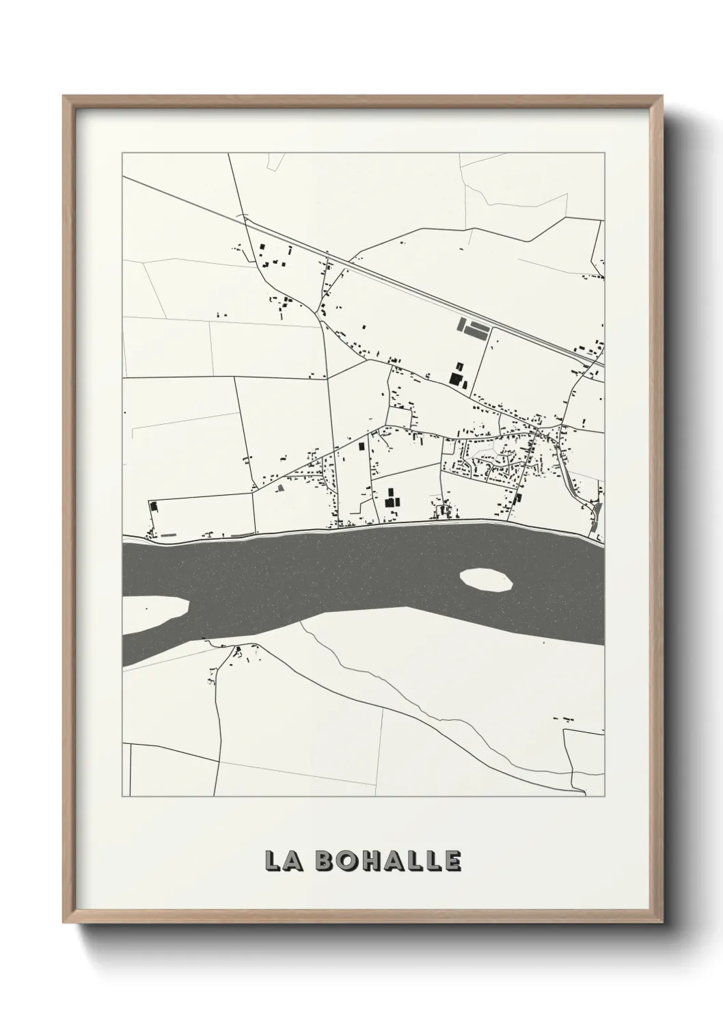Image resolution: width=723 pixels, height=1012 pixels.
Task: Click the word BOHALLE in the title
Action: (x=388, y=862)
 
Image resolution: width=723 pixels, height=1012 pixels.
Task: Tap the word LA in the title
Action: (x=282, y=862)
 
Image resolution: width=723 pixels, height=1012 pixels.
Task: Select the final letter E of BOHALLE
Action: (x=452, y=862)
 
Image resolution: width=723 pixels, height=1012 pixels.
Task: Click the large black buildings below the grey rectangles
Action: (x=456, y=373)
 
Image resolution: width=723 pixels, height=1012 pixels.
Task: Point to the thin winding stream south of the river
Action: (x=383, y=691)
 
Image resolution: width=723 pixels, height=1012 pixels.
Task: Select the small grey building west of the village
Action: (x=280, y=488)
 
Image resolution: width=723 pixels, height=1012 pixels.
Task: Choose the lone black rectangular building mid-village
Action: (x=361, y=447)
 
